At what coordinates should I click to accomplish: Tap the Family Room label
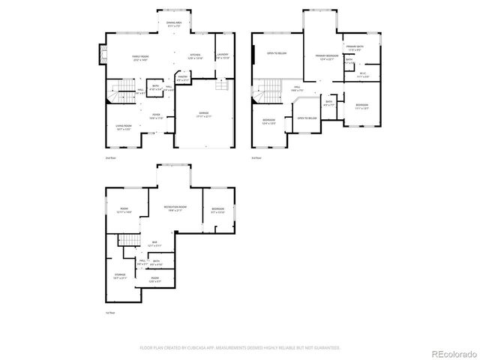[139, 57]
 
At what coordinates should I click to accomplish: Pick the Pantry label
[182, 77]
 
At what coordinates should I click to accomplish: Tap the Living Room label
[123, 127]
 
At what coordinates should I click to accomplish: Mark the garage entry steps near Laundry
[221, 85]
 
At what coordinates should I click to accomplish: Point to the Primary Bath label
[355, 49]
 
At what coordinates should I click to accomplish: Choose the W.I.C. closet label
[362, 75]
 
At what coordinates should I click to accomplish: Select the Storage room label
[120, 277]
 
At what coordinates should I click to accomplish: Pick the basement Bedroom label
[217, 210]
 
